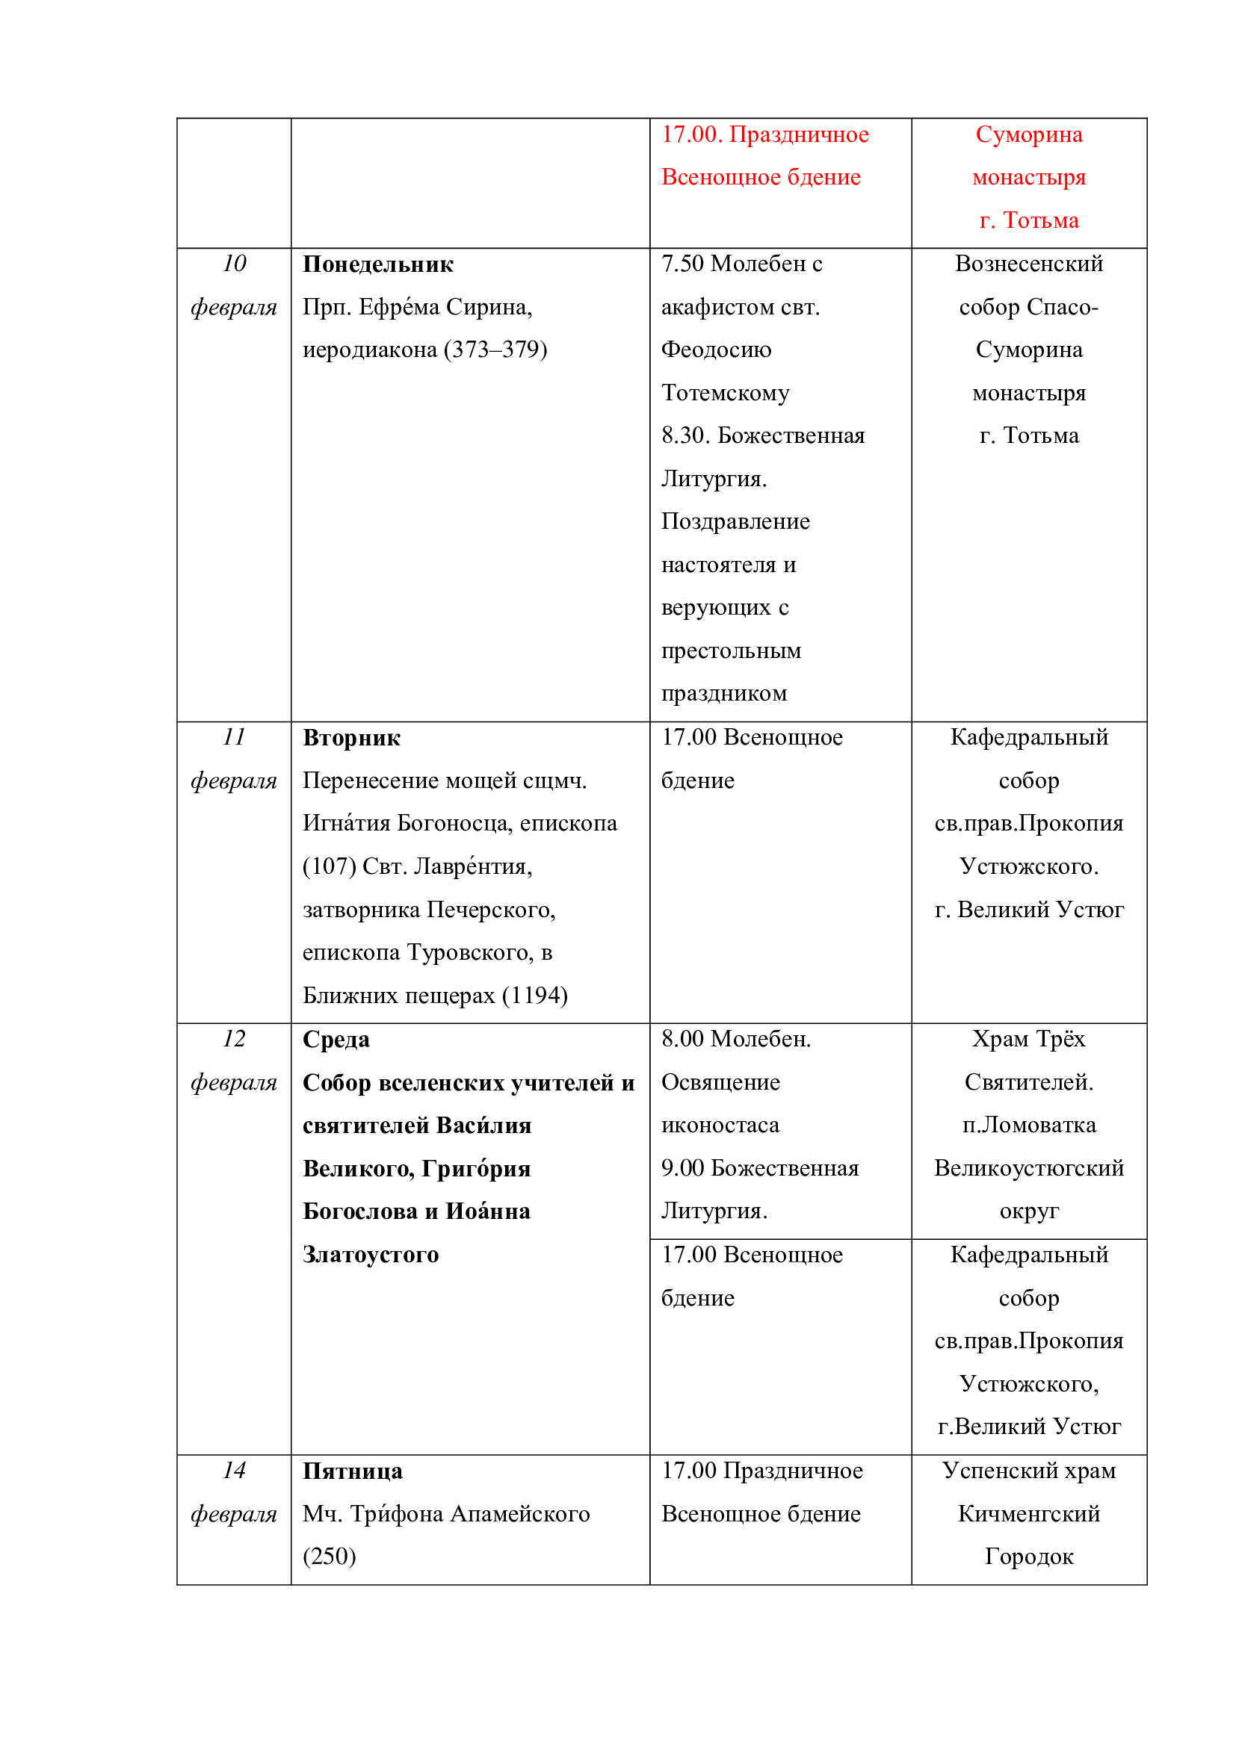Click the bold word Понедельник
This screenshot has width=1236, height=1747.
[377, 264]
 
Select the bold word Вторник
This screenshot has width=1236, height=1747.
[351, 737]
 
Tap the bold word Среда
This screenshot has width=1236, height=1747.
[336, 1039]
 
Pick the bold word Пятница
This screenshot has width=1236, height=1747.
[353, 1471]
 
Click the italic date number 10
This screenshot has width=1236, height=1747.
[234, 263]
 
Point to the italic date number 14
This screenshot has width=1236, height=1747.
[234, 1470]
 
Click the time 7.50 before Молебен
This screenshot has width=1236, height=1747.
[682, 263]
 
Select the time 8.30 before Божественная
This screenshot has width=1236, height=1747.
[685, 435]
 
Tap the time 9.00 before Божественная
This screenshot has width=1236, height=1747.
[682, 1168]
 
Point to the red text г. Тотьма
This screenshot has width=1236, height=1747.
[1029, 220]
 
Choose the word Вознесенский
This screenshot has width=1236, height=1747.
[1029, 263]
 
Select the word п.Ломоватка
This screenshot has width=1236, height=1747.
[1029, 1125]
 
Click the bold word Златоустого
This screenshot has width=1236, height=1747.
[371, 1254]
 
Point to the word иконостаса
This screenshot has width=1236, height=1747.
[720, 1125]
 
